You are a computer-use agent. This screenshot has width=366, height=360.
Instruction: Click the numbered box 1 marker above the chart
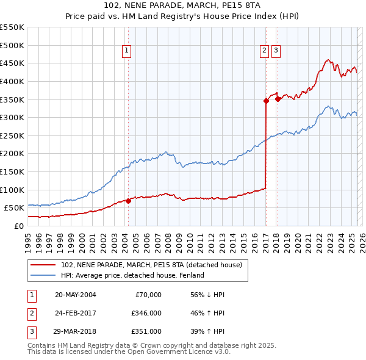[126, 51]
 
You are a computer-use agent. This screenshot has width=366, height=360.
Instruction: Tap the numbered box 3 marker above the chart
[276, 51]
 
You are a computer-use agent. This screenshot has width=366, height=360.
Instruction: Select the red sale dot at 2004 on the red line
[127, 200]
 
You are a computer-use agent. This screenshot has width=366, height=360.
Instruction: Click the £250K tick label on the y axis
[12, 135]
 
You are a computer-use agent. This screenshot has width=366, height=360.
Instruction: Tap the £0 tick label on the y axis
[19, 226]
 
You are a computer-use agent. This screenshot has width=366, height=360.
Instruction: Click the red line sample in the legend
[43, 265]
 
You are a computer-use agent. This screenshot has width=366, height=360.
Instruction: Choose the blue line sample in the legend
[43, 275]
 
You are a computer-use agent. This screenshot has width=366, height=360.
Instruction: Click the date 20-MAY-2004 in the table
[75, 294]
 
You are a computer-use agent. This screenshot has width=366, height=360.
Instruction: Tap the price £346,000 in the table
[146, 313]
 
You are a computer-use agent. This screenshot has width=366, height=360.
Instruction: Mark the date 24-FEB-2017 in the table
[75, 313]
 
